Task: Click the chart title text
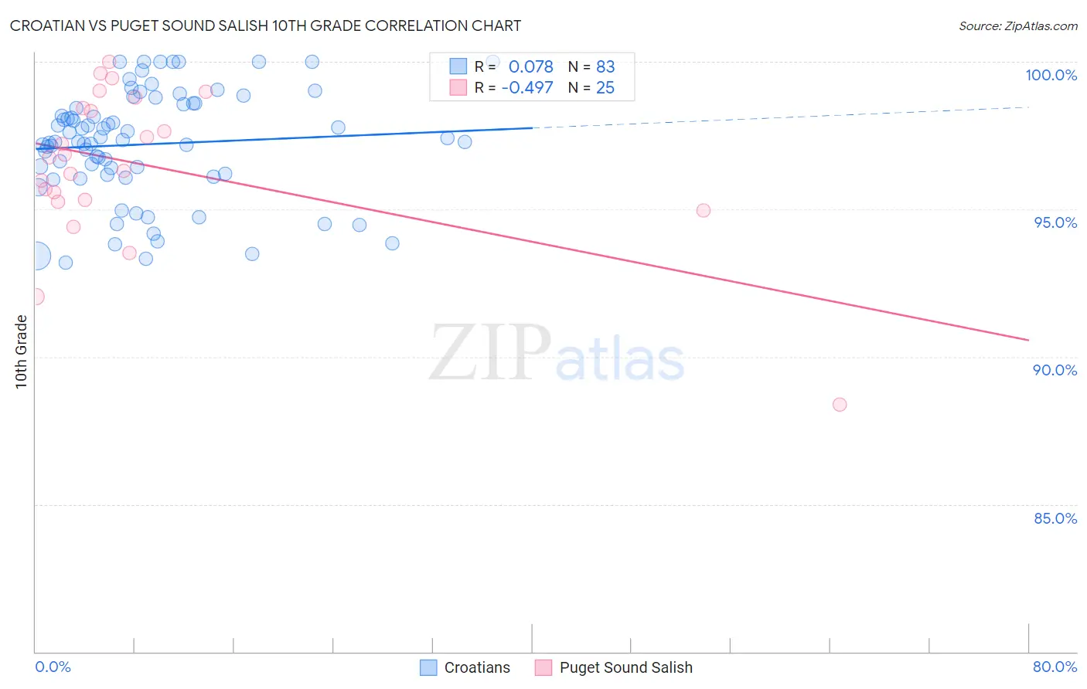point(265,25)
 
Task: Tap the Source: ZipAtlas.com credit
point(1017,25)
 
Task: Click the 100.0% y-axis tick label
point(1051,75)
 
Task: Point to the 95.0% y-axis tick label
point(1055,222)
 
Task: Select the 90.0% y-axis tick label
point(1055,370)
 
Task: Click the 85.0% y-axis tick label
point(1055,518)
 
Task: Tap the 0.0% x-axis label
point(53,667)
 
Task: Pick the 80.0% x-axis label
point(1055,667)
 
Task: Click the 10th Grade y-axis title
point(21,351)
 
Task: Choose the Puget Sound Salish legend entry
point(625,667)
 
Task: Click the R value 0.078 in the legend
point(530,67)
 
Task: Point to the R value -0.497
point(527,88)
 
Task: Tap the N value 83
point(605,67)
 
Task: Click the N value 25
point(605,88)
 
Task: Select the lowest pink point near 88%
point(840,405)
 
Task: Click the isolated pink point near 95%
point(703,210)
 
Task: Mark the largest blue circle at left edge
point(36,256)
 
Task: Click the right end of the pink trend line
point(1028,340)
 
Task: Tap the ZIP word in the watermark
point(490,353)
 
